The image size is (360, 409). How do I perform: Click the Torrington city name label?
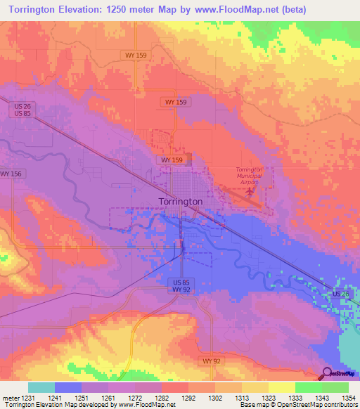(x=181, y=201)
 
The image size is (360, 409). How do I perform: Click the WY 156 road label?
(x=12, y=174)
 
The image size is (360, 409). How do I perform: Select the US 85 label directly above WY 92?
(x=181, y=282)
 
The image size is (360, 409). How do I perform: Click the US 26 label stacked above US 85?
(x=20, y=107)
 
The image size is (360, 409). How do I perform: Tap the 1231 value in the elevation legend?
(x=28, y=397)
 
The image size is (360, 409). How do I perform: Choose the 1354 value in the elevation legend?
(x=349, y=397)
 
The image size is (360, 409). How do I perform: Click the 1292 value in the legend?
(x=188, y=397)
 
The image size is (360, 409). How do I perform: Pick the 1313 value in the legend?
(x=242, y=397)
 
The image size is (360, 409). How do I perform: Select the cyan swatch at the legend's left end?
(x=41, y=387)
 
